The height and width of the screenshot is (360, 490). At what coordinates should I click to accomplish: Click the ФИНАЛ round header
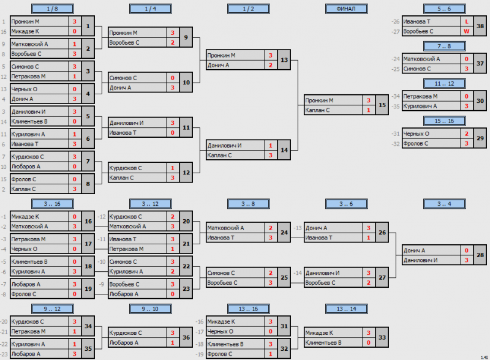(x=346, y=9)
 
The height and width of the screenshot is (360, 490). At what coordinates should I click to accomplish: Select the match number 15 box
(x=382, y=105)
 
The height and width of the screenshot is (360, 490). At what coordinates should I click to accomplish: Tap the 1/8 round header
(x=53, y=9)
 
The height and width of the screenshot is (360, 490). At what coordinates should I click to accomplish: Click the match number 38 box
(x=480, y=26)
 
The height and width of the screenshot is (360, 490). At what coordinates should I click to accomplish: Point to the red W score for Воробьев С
(x=467, y=31)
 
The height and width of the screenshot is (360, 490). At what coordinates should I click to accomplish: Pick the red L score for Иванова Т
(x=467, y=21)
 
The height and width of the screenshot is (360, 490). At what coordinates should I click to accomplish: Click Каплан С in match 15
(x=317, y=110)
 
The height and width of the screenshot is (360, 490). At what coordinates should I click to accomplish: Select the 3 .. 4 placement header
(x=445, y=204)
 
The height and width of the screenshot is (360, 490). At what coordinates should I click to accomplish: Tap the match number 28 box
(x=480, y=255)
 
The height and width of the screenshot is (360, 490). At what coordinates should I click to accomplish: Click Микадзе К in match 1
(x=25, y=31)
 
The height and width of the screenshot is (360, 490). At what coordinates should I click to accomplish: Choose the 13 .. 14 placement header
(x=346, y=309)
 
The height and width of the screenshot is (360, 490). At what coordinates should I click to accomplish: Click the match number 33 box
(x=382, y=337)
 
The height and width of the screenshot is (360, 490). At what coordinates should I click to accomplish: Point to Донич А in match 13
(x=218, y=65)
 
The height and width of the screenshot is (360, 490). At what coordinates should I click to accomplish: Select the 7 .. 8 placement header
(x=445, y=47)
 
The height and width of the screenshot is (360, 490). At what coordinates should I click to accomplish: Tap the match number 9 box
(x=186, y=37)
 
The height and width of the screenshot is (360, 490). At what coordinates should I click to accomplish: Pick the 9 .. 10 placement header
(x=150, y=309)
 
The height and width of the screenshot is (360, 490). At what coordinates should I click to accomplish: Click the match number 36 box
(x=186, y=337)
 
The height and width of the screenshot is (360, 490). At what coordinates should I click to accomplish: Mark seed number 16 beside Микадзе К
(x=4, y=32)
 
